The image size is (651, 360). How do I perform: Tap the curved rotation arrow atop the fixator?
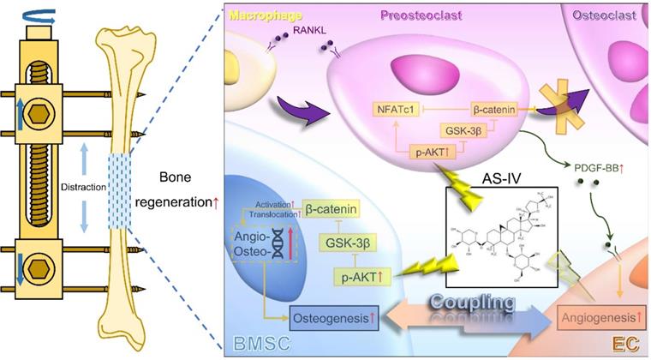(x=40, y=13)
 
